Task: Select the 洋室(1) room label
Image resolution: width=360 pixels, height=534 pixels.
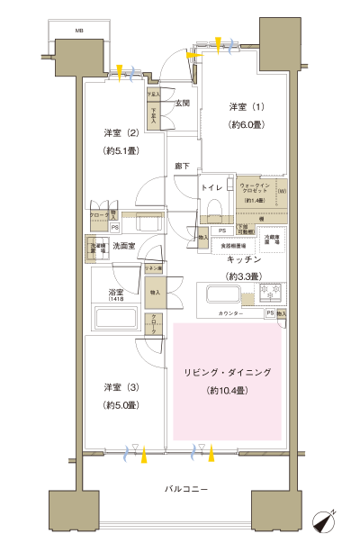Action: click(244, 107)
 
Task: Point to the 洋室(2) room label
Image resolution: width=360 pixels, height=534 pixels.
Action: click(119, 134)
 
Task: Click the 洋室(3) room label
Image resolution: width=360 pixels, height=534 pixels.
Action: click(120, 387)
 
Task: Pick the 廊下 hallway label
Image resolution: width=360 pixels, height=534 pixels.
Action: click(183, 166)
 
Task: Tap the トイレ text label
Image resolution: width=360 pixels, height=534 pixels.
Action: click(212, 186)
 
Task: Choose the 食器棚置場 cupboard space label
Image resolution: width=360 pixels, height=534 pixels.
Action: click(234, 244)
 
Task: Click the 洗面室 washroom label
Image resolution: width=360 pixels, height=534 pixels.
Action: click(123, 246)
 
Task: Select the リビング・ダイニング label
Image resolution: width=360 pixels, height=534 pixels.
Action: click(227, 372)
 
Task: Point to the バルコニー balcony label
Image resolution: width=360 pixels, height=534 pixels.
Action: click(187, 488)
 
